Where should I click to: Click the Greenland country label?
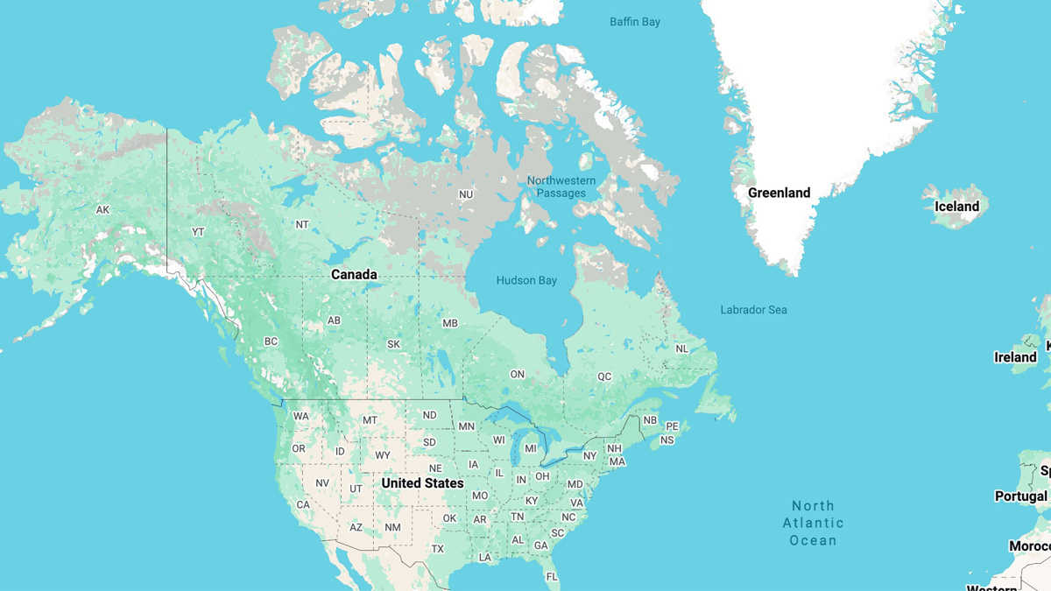coord(779,193)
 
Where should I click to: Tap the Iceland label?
coord(956,207)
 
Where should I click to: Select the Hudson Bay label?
coord(526,281)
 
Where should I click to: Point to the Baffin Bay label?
coord(635,22)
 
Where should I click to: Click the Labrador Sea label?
coord(753,310)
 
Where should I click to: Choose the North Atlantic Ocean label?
coord(813,523)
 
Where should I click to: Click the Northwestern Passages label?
coord(561,186)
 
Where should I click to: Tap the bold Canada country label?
coord(354,275)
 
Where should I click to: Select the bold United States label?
coord(422,483)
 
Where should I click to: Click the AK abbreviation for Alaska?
coord(103,210)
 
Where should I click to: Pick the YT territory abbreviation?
coord(198,232)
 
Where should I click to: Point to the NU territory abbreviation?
coord(466,194)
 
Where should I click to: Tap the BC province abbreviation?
coord(271,341)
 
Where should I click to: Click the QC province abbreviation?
coord(604,376)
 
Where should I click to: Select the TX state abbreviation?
coord(438,549)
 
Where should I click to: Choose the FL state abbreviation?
coord(552,577)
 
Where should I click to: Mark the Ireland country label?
coord(1015,357)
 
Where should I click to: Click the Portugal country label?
coord(1021,496)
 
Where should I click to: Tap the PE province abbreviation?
coord(673,426)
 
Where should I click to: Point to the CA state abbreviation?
coord(303,505)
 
